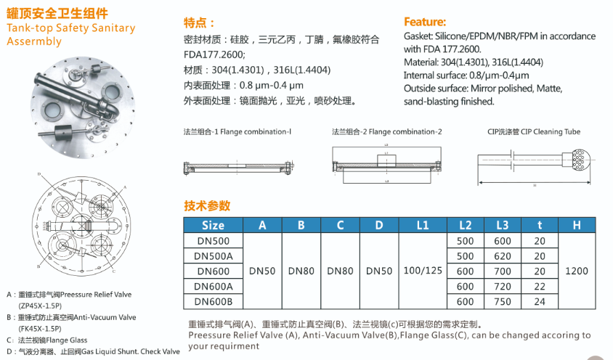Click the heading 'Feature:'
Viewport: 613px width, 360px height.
(425, 22)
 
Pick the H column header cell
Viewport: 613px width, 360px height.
(576, 225)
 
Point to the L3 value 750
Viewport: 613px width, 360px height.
(502, 302)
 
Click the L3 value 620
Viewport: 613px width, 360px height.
(502, 255)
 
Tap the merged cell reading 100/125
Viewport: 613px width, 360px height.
(423, 271)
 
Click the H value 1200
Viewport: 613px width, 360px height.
(576, 271)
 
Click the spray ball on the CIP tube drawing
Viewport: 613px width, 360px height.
(580, 158)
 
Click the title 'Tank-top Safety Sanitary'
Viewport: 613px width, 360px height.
(70, 28)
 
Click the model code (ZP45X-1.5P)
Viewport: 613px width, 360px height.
(41, 306)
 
